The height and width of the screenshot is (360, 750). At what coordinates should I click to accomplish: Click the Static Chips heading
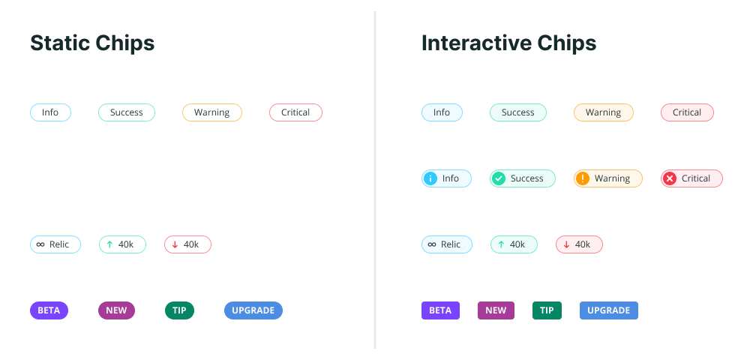point(92,43)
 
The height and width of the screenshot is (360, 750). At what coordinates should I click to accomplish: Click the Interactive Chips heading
point(508,43)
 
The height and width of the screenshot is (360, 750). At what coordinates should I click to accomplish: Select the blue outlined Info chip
point(50,112)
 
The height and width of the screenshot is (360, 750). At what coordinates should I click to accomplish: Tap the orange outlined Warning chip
point(212,112)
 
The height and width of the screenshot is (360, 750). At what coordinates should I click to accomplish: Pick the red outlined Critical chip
point(295,112)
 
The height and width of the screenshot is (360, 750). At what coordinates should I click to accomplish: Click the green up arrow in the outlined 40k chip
point(109,244)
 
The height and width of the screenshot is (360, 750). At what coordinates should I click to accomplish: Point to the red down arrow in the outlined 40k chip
point(175,244)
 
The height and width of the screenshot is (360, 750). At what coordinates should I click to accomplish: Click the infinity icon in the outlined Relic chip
point(40,244)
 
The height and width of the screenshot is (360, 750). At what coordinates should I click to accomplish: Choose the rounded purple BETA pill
point(49,310)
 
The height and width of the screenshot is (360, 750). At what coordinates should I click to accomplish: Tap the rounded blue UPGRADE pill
point(253,310)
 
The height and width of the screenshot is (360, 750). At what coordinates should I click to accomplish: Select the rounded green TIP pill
point(179,310)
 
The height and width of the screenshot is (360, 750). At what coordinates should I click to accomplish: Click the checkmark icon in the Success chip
point(499,178)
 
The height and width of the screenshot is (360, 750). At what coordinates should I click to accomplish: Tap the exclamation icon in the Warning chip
point(583,178)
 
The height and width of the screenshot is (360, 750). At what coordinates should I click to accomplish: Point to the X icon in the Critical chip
point(670,178)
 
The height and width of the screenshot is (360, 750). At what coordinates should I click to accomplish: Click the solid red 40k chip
point(579,244)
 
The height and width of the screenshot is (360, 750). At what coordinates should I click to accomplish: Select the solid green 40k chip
point(514,244)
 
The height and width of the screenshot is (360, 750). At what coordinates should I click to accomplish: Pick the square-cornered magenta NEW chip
point(496,310)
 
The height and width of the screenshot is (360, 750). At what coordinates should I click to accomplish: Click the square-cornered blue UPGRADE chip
point(608,310)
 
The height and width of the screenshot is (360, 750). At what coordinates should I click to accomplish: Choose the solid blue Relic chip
point(447,244)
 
